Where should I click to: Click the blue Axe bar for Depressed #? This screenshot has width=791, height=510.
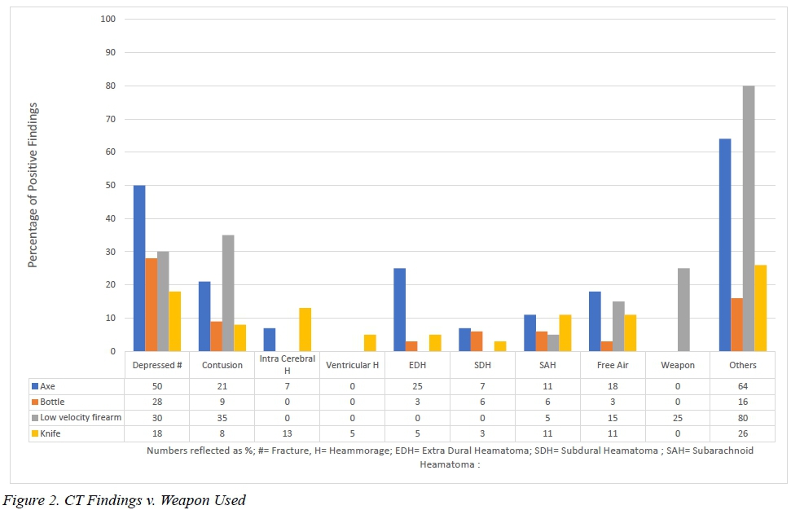pyautogui.click(x=139, y=269)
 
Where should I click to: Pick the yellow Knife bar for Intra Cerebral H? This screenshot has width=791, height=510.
pyautogui.click(x=305, y=329)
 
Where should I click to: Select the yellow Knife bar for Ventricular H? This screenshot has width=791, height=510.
pyautogui.click(x=370, y=343)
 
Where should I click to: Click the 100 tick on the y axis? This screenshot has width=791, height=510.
pyautogui.click(x=108, y=19)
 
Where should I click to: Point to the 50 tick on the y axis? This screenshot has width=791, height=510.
pyautogui.click(x=110, y=185)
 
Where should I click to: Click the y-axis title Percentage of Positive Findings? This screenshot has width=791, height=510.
pyautogui.click(x=33, y=185)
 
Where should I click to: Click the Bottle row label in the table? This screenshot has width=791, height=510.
pyautogui.click(x=53, y=402)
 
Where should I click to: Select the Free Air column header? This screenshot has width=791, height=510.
pyautogui.click(x=613, y=365)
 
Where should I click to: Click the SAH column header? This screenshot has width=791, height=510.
pyautogui.click(x=547, y=365)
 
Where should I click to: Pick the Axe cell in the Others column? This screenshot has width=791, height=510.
pyautogui.click(x=742, y=386)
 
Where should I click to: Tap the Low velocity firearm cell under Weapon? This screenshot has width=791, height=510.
pyautogui.click(x=677, y=418)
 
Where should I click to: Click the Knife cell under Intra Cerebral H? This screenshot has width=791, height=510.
pyautogui.click(x=287, y=433)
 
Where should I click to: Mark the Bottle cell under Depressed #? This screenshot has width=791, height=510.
pyautogui.click(x=156, y=402)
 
